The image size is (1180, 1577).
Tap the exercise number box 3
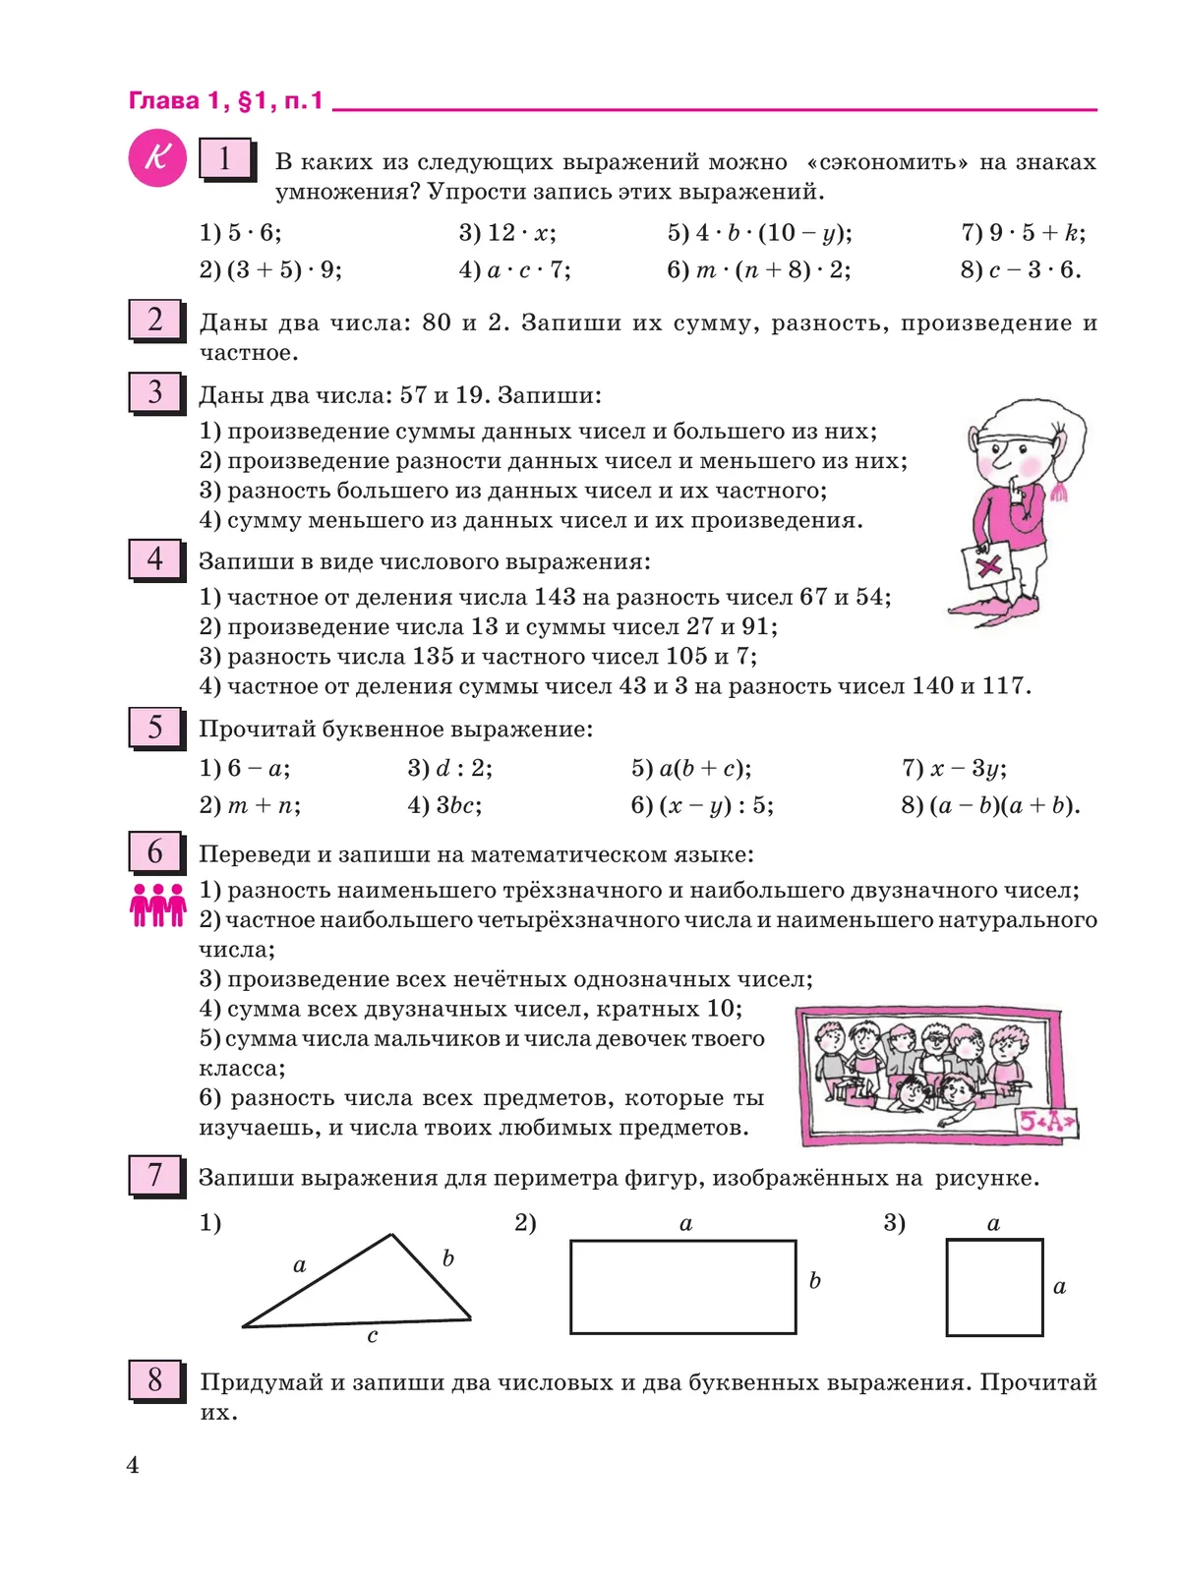click(155, 392)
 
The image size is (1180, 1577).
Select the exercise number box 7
click(155, 1175)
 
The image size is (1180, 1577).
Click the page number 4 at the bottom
click(133, 1465)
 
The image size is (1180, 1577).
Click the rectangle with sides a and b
click(682, 1287)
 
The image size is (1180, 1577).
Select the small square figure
click(994, 1287)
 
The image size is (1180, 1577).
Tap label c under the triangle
click(372, 1336)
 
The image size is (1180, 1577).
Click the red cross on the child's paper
click(990, 565)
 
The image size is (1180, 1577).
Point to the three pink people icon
click(157, 905)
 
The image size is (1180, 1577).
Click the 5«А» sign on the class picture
click(1046, 1121)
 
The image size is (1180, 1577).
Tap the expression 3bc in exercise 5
click(458, 805)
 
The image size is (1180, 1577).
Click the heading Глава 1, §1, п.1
click(226, 100)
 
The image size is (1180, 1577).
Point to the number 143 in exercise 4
click(555, 597)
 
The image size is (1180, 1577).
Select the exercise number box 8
click(155, 1379)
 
